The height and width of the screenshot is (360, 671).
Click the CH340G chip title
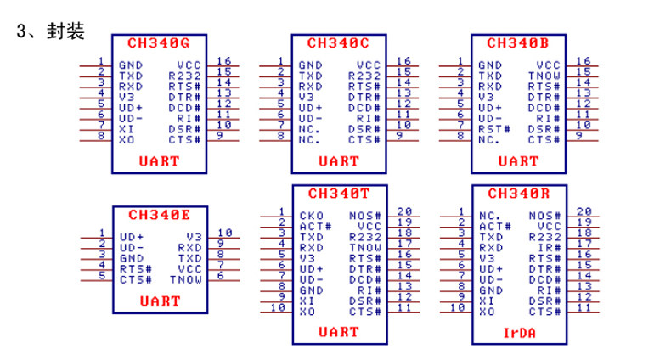pyautogui.click(x=158, y=42)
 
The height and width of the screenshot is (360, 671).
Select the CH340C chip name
pyautogui.click(x=338, y=42)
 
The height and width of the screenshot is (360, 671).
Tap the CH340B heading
pyautogui.click(x=518, y=42)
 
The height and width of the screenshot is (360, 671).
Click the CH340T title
pyautogui.click(x=338, y=194)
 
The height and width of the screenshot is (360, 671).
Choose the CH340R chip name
pyautogui.click(x=518, y=194)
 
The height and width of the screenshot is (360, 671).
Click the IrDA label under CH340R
pyautogui.click(x=517, y=334)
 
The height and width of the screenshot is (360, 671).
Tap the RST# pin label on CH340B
pyautogui.click(x=494, y=129)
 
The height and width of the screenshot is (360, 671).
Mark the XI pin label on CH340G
pyautogui.click(x=126, y=129)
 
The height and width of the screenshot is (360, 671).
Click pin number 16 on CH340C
pyautogui.click(x=404, y=60)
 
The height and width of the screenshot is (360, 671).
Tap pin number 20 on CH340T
pyautogui.click(x=404, y=211)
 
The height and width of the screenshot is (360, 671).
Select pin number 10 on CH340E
pyautogui.click(x=224, y=233)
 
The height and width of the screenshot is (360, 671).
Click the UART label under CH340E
pyautogui.click(x=158, y=301)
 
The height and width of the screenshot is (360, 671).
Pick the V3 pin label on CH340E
pyautogui.click(x=193, y=237)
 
